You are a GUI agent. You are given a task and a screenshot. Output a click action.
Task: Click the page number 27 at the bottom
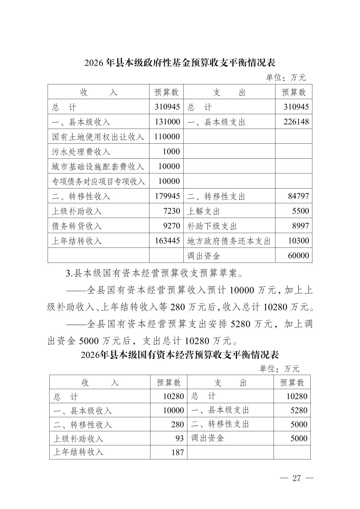tap(297, 478)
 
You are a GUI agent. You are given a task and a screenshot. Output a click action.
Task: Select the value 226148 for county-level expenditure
tap(296, 122)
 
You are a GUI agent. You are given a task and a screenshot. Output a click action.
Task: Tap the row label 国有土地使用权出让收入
tap(98, 137)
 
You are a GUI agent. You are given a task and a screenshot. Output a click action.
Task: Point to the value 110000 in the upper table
tap(167, 137)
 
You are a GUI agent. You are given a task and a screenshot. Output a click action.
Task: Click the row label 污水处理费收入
tap(81, 152)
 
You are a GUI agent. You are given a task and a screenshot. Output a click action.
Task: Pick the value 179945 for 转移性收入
tap(167, 196)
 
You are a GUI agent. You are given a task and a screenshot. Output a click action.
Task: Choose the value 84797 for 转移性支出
tap(298, 196)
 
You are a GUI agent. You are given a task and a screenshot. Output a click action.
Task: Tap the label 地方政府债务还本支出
tap(229, 241)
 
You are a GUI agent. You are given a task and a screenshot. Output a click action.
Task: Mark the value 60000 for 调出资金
tap(298, 256)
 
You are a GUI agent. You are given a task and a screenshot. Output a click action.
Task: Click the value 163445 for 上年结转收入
tap(167, 241)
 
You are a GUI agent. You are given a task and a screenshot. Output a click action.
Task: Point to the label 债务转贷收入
tap(77, 226)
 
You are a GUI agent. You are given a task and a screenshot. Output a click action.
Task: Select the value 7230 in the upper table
tap(171, 211)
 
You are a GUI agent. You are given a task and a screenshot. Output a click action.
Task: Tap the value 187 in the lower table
tap(177, 452)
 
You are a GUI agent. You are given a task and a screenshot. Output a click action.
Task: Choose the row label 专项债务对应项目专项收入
tap(98, 181)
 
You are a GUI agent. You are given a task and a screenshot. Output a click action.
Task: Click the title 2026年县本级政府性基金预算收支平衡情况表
tap(180, 63)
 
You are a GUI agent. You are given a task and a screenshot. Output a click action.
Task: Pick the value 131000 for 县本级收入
tap(167, 122)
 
